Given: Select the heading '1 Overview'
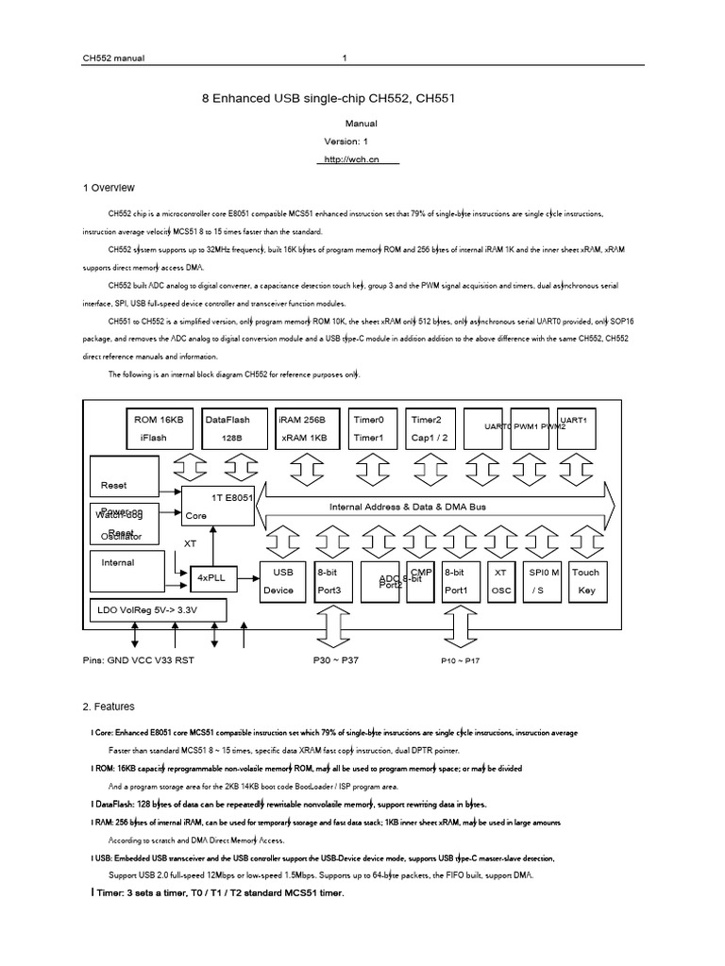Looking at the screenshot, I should tap(110, 188).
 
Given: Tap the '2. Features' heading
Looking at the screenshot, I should tap(110, 706).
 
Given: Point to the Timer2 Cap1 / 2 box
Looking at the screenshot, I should tap(431, 428).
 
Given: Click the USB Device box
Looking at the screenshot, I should tap(283, 581).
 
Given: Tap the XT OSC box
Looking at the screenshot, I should tap(500, 581).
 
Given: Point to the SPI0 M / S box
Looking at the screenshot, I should tap(543, 581).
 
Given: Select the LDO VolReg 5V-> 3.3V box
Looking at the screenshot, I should tap(157, 609).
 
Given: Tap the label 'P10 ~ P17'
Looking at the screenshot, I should tap(461, 661).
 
